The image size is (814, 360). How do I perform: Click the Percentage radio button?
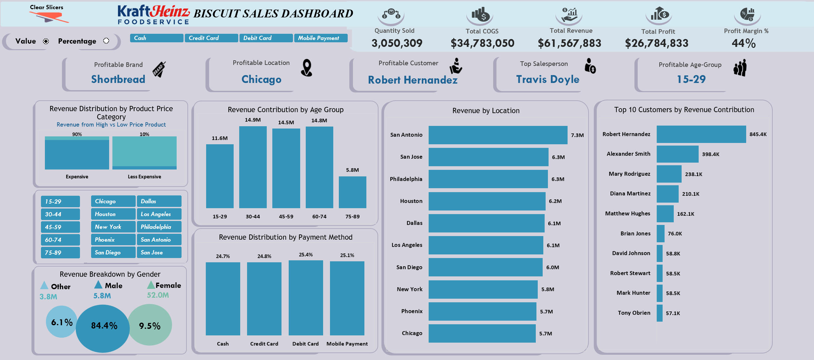(106, 41)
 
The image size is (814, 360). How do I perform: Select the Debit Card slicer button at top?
(266, 38)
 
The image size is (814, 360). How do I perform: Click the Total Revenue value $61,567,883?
(569, 43)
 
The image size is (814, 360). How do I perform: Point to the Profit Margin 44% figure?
(744, 43)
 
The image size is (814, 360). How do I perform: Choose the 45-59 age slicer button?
(60, 227)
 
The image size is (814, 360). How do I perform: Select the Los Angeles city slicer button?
(159, 214)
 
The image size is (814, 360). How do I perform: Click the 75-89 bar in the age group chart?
(352, 192)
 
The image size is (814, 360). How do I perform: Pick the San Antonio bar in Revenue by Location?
(498, 135)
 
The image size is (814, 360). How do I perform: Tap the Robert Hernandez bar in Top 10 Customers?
(701, 134)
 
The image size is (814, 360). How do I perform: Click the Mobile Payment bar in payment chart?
(347, 298)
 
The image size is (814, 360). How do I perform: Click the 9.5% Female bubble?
(150, 325)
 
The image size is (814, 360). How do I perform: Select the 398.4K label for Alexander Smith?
(710, 154)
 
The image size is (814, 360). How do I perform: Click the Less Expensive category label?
(144, 177)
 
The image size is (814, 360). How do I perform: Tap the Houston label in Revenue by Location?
(411, 201)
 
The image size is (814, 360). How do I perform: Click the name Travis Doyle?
(548, 79)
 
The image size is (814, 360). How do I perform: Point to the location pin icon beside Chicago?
(307, 68)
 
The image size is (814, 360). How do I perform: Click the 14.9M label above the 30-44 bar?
(253, 120)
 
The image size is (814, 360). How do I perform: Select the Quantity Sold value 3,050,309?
(397, 43)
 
